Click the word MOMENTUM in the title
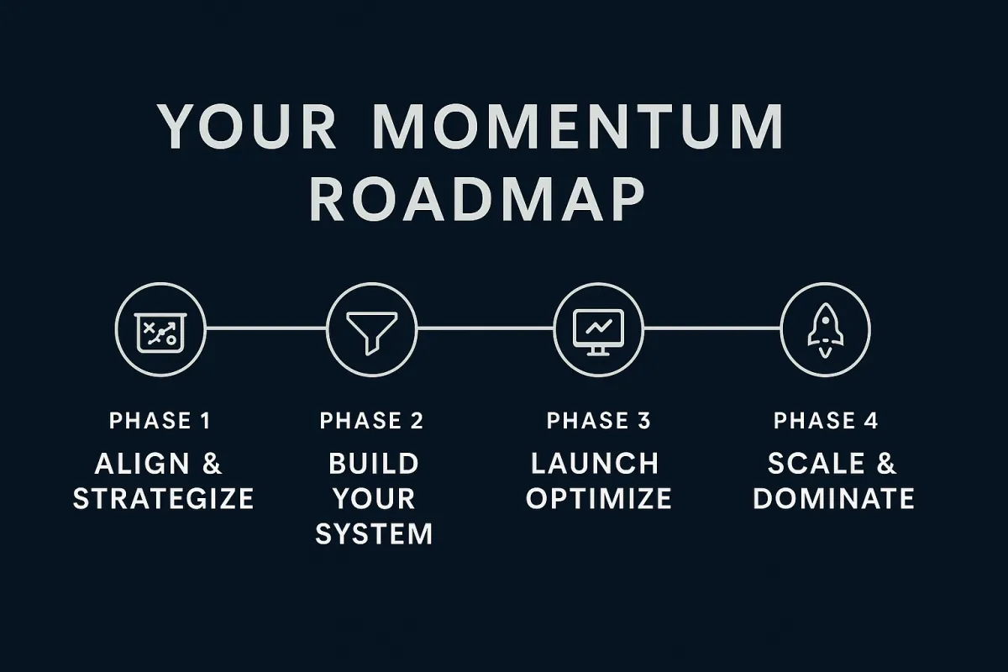578,126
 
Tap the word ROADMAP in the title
477,198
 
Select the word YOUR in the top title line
246,126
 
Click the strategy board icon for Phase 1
160,333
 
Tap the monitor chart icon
598,332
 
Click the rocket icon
825,331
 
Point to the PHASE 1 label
160,421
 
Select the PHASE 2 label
371,421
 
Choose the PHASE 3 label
598,421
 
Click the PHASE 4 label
826,421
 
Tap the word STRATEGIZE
163,499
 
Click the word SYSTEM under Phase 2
374,533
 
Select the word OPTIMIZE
599,499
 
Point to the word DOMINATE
834,499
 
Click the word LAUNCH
595,464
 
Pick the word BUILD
374,464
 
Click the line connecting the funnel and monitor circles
486,328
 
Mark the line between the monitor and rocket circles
712,328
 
